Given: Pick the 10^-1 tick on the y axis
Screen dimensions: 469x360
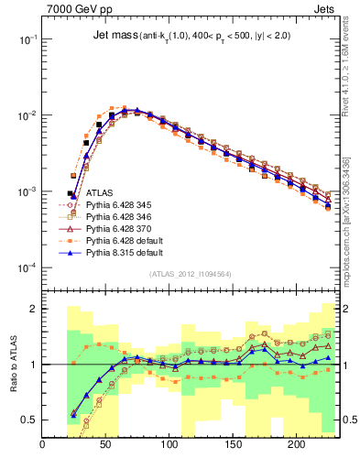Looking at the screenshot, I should click(x=27, y=40).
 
